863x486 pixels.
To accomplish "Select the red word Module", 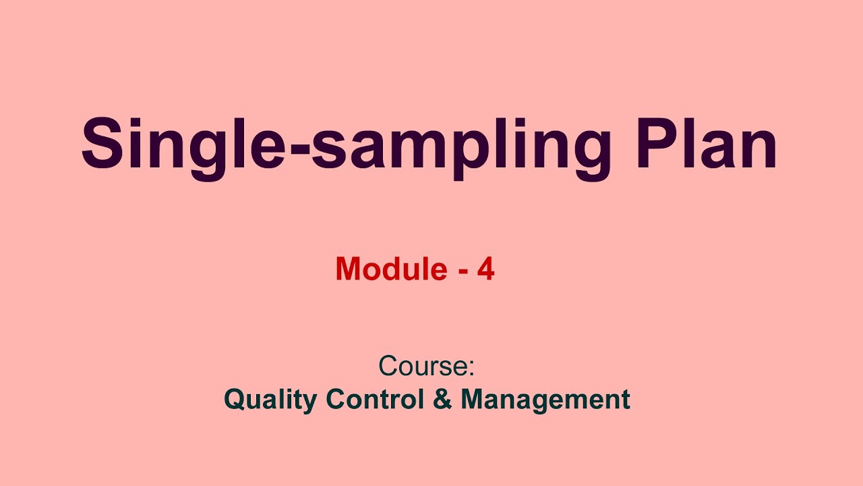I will [391, 269].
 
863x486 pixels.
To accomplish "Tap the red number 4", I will [486, 269].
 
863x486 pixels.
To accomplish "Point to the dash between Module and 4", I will [463, 272].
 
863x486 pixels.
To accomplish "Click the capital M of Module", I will [348, 269].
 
